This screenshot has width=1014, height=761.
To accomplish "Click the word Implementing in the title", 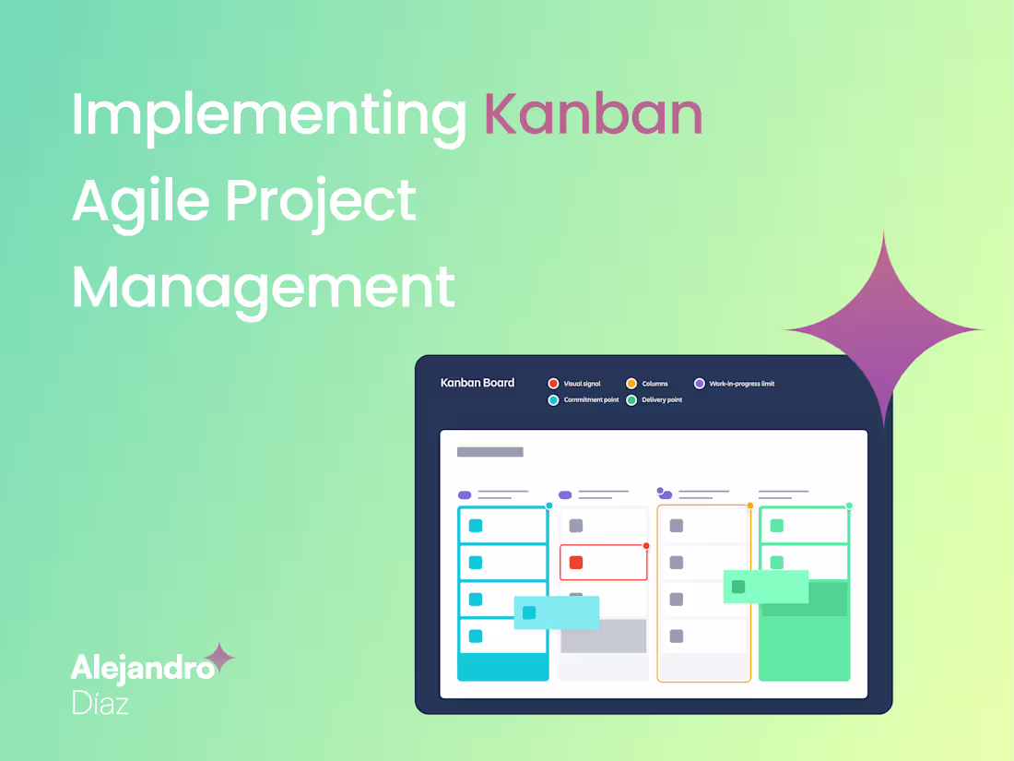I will pyautogui.click(x=268, y=117).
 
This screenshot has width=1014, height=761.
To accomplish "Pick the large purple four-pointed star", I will pyautogui.click(x=883, y=329).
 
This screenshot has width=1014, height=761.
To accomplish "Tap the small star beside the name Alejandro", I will pyautogui.click(x=219, y=659).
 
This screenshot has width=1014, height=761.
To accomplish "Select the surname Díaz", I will pyautogui.click(x=100, y=704).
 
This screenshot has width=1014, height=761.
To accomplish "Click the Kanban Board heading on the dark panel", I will pyautogui.click(x=478, y=383).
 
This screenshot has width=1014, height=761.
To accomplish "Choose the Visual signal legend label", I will pyautogui.click(x=582, y=384).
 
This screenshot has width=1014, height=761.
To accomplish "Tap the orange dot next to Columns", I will pyautogui.click(x=631, y=384).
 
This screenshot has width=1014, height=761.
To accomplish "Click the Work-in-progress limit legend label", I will pyautogui.click(x=741, y=384).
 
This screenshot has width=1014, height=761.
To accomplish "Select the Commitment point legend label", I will pyautogui.click(x=591, y=400).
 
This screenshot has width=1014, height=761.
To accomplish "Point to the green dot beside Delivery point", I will pyautogui.click(x=631, y=400).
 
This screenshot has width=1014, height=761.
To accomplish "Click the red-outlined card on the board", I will pyautogui.click(x=603, y=562).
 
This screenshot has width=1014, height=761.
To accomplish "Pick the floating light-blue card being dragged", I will pyautogui.click(x=556, y=612).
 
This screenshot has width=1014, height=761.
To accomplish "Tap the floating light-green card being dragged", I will pyautogui.click(x=765, y=587).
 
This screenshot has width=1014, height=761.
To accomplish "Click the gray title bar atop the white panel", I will pyautogui.click(x=489, y=452).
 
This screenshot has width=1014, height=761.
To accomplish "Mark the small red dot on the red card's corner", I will pyautogui.click(x=646, y=546).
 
